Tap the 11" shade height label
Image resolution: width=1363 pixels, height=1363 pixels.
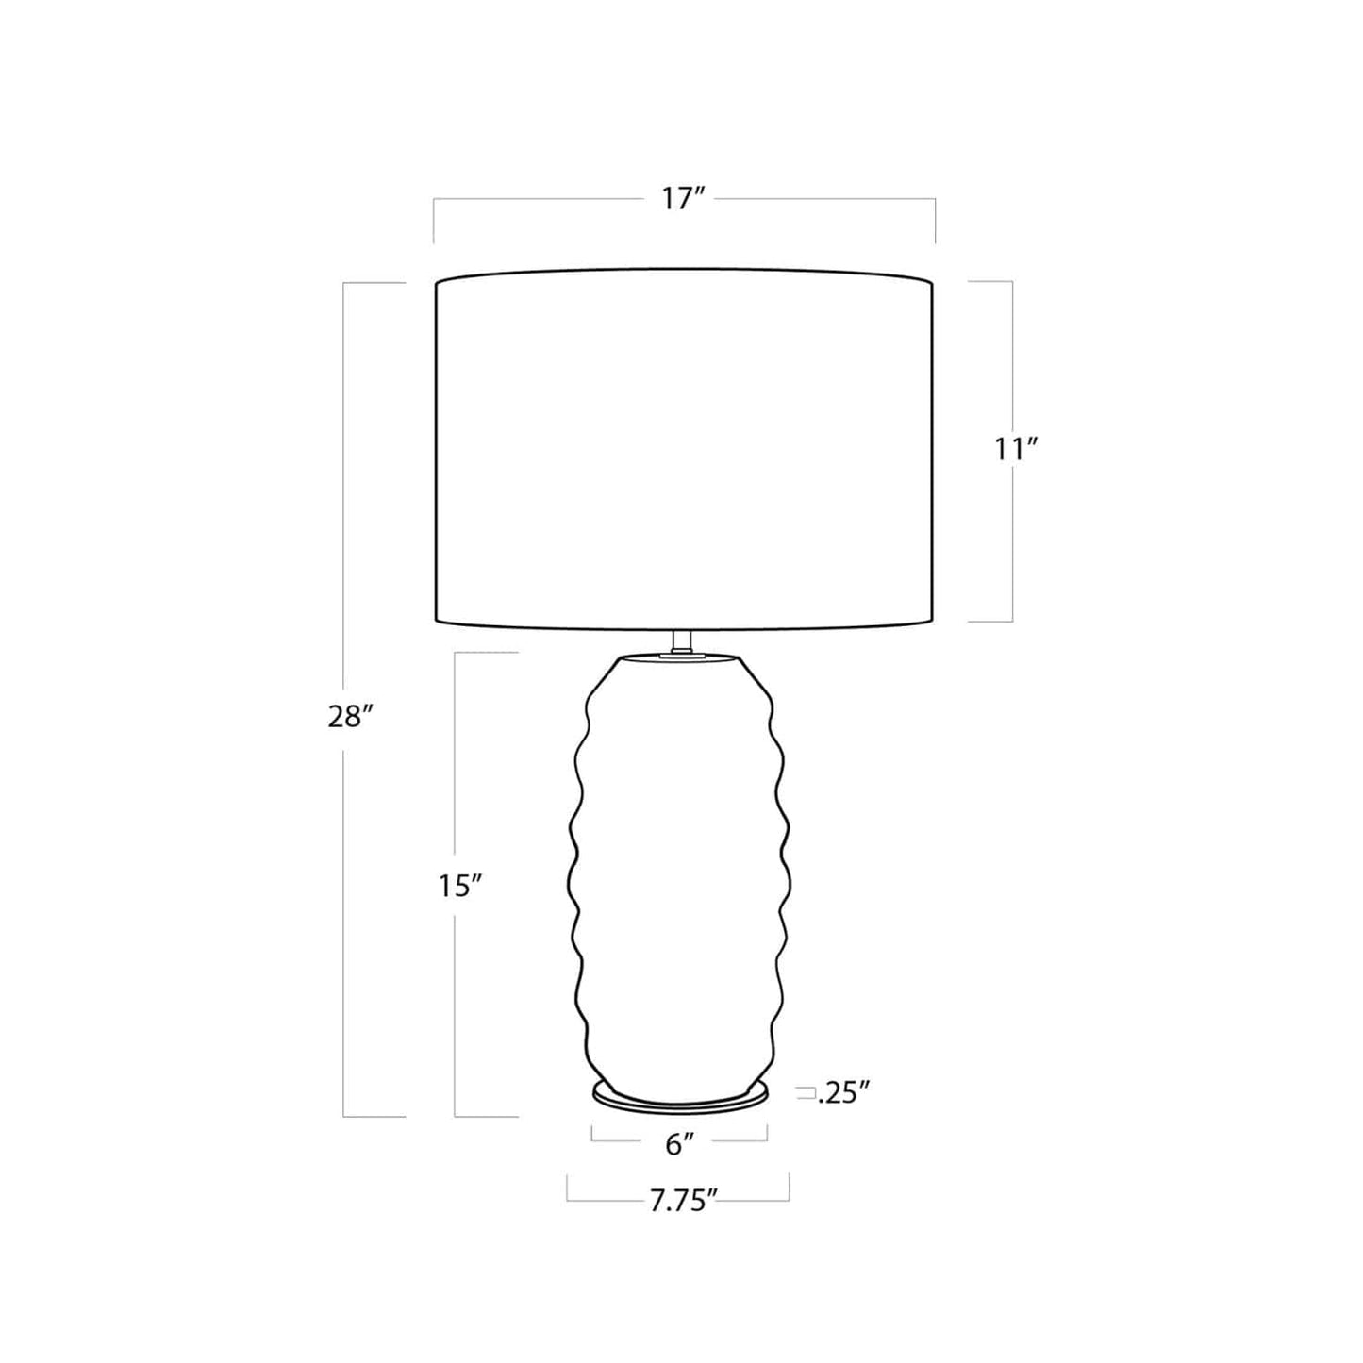pos(1017,449)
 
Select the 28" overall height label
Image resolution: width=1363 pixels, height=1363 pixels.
pos(350,718)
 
